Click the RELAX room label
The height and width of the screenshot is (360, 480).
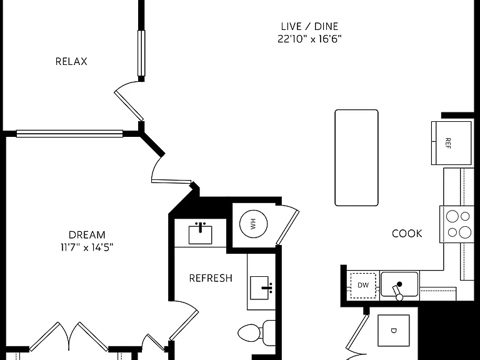pos(71,61)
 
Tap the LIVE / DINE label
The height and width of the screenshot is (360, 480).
pos(309,26)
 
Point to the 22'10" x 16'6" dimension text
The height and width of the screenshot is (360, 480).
pos(309,39)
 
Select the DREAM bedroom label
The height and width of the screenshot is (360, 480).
pos(87,235)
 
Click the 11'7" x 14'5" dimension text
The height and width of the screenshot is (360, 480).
pos(87,247)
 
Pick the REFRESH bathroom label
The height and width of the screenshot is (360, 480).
pos(211,278)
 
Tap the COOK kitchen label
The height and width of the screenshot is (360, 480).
pos(407,234)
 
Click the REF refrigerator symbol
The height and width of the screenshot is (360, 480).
pos(451,143)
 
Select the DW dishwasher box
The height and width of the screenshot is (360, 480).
pos(363,285)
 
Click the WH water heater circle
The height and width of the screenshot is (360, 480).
pos(254,224)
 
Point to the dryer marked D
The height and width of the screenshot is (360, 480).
pos(394,331)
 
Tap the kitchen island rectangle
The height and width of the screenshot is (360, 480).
pos(357,157)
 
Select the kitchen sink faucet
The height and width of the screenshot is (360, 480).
pos(398,291)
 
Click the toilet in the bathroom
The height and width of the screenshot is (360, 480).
pos(256,332)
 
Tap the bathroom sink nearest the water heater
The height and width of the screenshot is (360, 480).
pos(200,234)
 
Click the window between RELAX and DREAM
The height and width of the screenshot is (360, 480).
pos(69,134)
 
